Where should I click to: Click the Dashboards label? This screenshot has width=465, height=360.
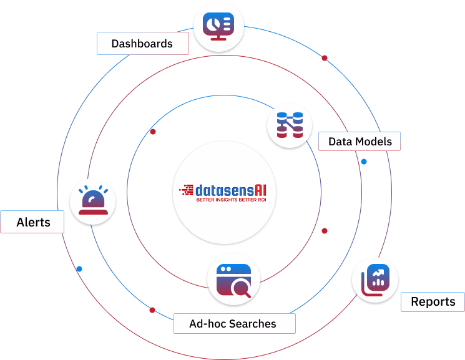pyautogui.click(x=142, y=44)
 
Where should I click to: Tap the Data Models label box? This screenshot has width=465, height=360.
pyautogui.click(x=360, y=142)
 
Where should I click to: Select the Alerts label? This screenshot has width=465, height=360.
pyautogui.click(x=33, y=222)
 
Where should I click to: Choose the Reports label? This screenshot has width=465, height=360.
pyautogui.click(x=433, y=302)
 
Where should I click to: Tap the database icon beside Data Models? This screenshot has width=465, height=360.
pyautogui.click(x=289, y=125)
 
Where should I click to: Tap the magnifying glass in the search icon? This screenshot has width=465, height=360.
pyautogui.click(x=241, y=287)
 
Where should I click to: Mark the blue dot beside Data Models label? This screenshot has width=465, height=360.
pyautogui.click(x=364, y=162)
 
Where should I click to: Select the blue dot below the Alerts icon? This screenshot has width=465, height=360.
pyautogui.click(x=79, y=269)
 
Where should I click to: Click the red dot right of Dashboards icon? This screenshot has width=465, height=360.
pyautogui.click(x=325, y=58)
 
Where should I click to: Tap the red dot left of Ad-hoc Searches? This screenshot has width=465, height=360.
pyautogui.click(x=152, y=310)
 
